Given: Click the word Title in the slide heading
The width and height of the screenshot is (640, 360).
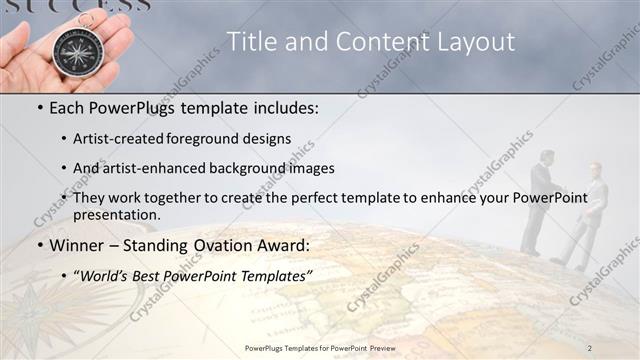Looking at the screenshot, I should pos(250,41).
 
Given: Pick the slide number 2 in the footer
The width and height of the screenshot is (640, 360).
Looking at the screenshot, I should pos(590,347).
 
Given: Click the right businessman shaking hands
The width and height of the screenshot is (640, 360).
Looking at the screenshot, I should pos(590,210).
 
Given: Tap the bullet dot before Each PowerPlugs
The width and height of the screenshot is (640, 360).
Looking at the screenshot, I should pos(39,107).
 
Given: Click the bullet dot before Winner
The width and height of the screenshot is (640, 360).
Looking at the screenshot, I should pos(39,245).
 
